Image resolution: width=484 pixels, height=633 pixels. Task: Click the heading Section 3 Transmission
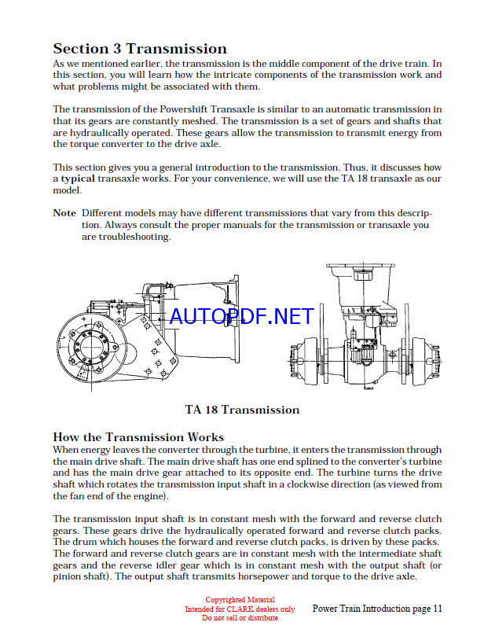pyautogui.click(x=140, y=49)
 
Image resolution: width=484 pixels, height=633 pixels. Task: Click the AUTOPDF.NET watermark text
pyautogui.click(x=241, y=316)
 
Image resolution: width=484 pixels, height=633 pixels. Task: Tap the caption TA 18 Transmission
pyautogui.click(x=242, y=410)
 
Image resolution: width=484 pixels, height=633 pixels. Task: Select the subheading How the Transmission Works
pyautogui.click(x=138, y=437)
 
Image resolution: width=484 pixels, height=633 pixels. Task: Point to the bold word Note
pyautogui.click(x=64, y=213)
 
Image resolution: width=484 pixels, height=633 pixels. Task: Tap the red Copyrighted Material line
pyautogui.click(x=240, y=600)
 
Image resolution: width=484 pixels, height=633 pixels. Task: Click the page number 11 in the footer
pyautogui.click(x=438, y=609)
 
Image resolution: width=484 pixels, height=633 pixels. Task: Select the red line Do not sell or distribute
pyautogui.click(x=240, y=617)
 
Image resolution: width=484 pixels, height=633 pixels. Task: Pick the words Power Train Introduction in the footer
pyautogui.click(x=359, y=609)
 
